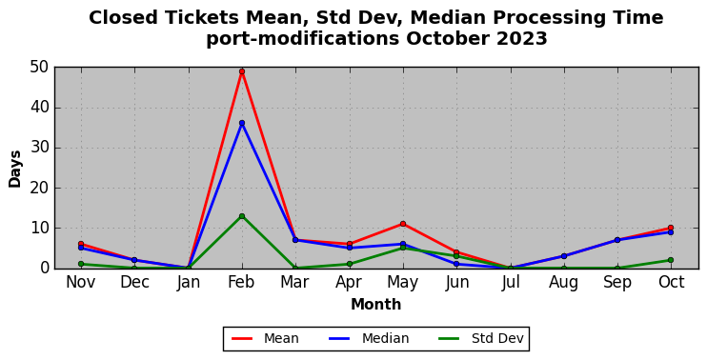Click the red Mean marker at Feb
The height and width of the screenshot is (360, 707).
click(x=242, y=71)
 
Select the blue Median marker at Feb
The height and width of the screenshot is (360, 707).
click(x=242, y=123)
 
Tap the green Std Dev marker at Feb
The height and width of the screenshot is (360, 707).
click(x=242, y=216)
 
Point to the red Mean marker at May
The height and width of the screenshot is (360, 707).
click(x=403, y=224)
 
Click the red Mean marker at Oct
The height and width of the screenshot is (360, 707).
click(x=671, y=228)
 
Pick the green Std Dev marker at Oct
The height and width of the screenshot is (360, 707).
click(x=671, y=260)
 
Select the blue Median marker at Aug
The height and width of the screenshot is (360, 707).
click(x=564, y=256)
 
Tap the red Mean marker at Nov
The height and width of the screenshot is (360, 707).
click(x=81, y=244)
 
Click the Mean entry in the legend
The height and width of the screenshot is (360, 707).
click(x=265, y=338)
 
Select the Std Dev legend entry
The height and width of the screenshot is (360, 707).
click(x=481, y=338)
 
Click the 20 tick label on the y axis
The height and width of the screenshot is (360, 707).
click(x=39, y=188)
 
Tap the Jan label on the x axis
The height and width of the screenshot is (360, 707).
click(x=189, y=283)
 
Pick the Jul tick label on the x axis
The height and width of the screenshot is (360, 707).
click(x=511, y=283)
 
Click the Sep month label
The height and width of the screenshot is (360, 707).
click(x=617, y=284)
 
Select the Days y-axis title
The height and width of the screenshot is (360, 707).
click(x=15, y=169)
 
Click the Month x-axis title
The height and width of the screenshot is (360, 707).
click(x=376, y=305)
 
